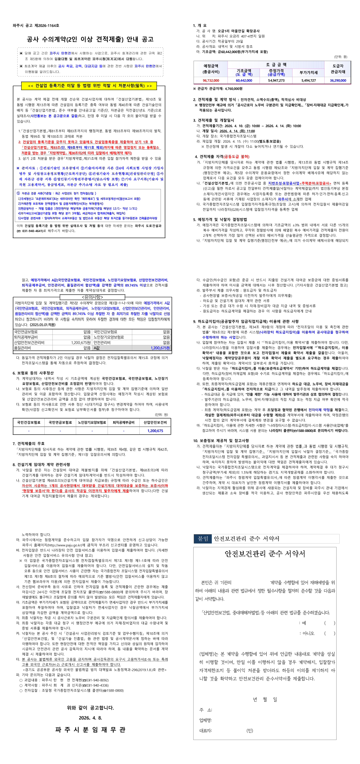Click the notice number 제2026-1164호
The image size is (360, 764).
tap(47, 26)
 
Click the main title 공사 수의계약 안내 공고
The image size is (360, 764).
tap(90, 39)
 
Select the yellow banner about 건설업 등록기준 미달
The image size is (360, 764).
tap(89, 86)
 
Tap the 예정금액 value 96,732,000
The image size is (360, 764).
tap(211, 80)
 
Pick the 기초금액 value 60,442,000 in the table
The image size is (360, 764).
tap(244, 80)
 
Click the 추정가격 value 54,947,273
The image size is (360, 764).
tap(276, 80)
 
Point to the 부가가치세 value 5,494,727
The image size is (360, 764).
tap(309, 80)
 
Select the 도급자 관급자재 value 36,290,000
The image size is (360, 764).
tap(338, 80)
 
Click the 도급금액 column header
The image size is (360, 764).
tap(276, 65)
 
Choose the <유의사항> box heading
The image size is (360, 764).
tap(92, 297)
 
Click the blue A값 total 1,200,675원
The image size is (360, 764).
tap(160, 348)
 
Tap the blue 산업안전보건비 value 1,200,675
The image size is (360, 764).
tap(155, 431)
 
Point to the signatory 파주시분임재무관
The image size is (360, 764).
tap(90, 729)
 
